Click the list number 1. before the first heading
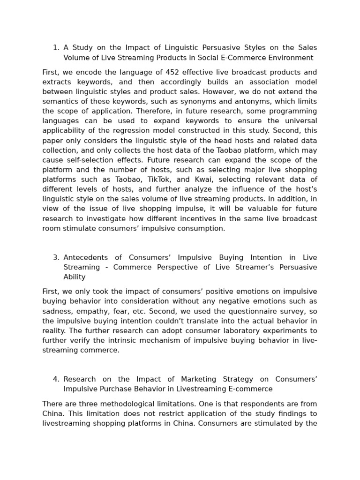coord(56,48)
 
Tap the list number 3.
coord(56,257)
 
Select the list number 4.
coord(56,379)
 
